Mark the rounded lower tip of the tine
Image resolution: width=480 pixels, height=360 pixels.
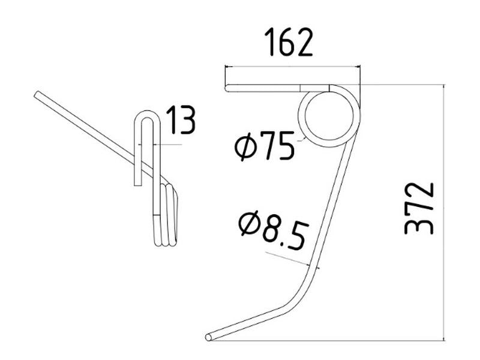[x=208, y=337]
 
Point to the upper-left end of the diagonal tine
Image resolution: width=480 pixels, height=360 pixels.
[x=37, y=94]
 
